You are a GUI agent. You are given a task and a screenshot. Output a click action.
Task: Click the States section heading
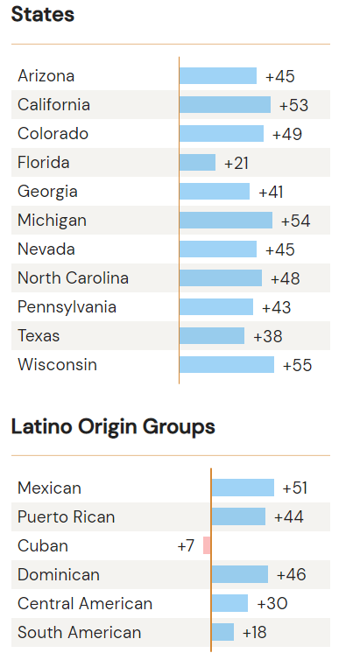coord(43,15)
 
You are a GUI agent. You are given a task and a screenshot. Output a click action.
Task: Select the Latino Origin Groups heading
coord(113,427)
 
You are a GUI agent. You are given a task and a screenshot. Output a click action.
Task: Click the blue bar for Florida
coord(197,163)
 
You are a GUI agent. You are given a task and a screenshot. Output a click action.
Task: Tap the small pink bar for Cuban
coord(207,545)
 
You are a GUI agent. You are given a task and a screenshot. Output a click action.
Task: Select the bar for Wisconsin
coord(227,365)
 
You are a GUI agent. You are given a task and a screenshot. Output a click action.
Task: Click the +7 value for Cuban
coord(186,546)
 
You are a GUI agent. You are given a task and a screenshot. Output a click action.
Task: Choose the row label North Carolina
coord(73,278)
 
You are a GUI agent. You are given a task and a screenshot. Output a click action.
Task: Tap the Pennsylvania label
coord(67,307)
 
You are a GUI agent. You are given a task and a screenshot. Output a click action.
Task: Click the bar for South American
coord(222,632)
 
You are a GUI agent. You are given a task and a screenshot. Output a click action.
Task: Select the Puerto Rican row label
coord(66,517)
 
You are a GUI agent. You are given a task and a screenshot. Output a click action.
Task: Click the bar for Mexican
coord(243,488)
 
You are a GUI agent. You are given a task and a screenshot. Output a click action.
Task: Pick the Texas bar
coord(212,336)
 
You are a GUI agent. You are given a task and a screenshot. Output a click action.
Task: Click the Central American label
coord(85,604)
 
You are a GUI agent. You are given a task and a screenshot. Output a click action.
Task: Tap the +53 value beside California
coord(293,106)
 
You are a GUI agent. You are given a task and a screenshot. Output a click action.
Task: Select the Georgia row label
coord(47,192)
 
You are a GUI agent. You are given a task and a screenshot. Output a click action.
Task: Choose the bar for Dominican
coord(239,574)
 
